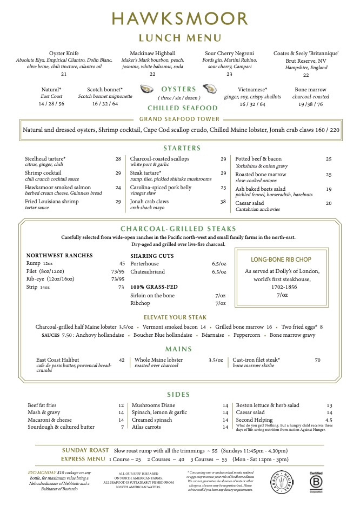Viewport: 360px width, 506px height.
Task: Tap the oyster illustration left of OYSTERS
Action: point(146,89)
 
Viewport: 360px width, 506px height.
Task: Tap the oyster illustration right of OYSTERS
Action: point(209,89)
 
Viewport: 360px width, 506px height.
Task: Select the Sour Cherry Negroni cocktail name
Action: point(226,54)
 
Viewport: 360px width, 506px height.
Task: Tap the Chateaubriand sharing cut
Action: point(148,272)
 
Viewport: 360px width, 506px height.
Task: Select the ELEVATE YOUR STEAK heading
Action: point(179,317)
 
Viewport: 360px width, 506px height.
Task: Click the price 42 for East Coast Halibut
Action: point(122,360)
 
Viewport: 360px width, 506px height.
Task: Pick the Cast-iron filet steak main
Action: point(256,360)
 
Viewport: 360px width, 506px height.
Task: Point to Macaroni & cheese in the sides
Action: point(50,420)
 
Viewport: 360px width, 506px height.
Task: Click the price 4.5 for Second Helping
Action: point(329,420)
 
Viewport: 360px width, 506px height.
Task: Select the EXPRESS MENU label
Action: point(83,459)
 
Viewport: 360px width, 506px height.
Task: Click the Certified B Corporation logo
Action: point(316,480)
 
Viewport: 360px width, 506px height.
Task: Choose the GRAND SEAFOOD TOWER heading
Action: point(179,119)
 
